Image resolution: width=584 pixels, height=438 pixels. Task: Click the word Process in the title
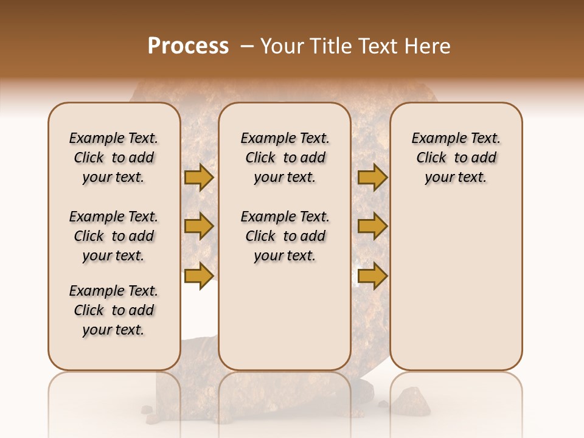click(188, 46)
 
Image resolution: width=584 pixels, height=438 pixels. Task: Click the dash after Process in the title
click(247, 46)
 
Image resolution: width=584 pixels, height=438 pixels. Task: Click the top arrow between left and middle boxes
click(199, 177)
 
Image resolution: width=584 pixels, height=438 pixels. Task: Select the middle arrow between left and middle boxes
click(199, 226)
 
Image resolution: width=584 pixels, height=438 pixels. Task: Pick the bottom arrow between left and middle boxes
click(199, 276)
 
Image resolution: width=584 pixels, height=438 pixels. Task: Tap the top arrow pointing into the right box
click(372, 177)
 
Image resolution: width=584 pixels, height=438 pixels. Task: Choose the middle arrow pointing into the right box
click(372, 226)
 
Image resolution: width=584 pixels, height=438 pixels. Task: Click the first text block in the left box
click(114, 158)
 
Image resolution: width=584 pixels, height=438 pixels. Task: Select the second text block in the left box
click(114, 236)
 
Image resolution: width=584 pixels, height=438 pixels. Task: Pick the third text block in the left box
click(114, 310)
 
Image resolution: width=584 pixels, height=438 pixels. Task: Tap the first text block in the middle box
click(285, 158)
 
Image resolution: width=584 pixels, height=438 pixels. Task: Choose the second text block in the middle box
click(285, 236)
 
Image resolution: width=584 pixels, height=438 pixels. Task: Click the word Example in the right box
click(434, 138)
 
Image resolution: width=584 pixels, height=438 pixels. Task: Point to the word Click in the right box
click(431, 158)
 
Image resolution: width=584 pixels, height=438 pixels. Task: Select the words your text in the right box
click(456, 177)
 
